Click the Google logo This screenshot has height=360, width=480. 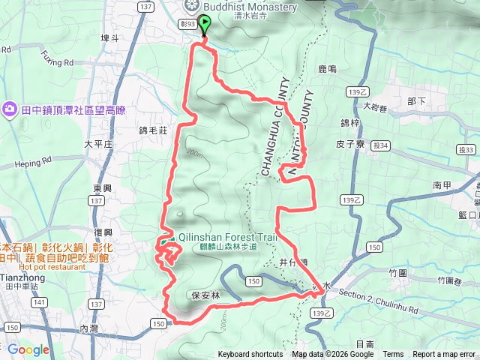click(28, 349)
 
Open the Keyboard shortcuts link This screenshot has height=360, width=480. click(250, 355)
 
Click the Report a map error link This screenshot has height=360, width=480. click(444, 355)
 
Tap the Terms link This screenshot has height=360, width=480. click(393, 355)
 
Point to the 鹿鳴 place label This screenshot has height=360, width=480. click(328, 69)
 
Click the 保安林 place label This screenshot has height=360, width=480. click(205, 295)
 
